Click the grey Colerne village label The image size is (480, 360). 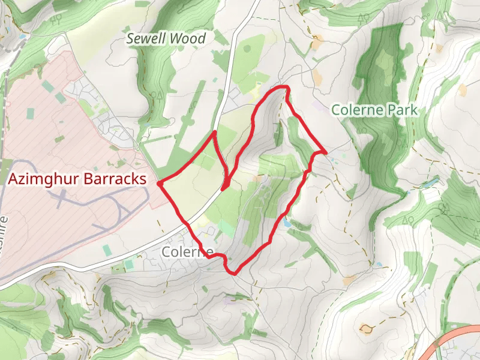coord(187,252)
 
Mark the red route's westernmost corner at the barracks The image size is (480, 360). coord(158,183)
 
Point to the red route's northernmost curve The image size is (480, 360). coord(282,88)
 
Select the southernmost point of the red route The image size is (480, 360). coord(233,274)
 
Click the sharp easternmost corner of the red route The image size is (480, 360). coord(325,152)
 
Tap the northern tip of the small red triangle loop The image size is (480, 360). coord(214,132)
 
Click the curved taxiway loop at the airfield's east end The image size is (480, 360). coord(123,210)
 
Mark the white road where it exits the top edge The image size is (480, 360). coord(256,3)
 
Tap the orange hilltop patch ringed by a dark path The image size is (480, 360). coord(365,328)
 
